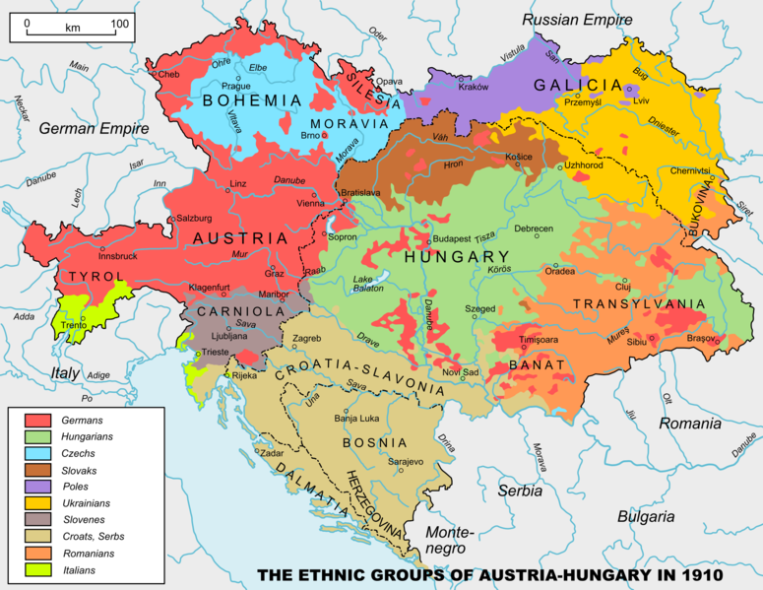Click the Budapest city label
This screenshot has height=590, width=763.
click(454, 238)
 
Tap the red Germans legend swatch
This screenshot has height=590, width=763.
click(32, 421)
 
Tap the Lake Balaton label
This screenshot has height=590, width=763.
click(370, 286)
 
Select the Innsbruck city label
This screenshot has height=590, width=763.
click(109, 256)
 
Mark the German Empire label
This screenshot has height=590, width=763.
click(95, 129)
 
